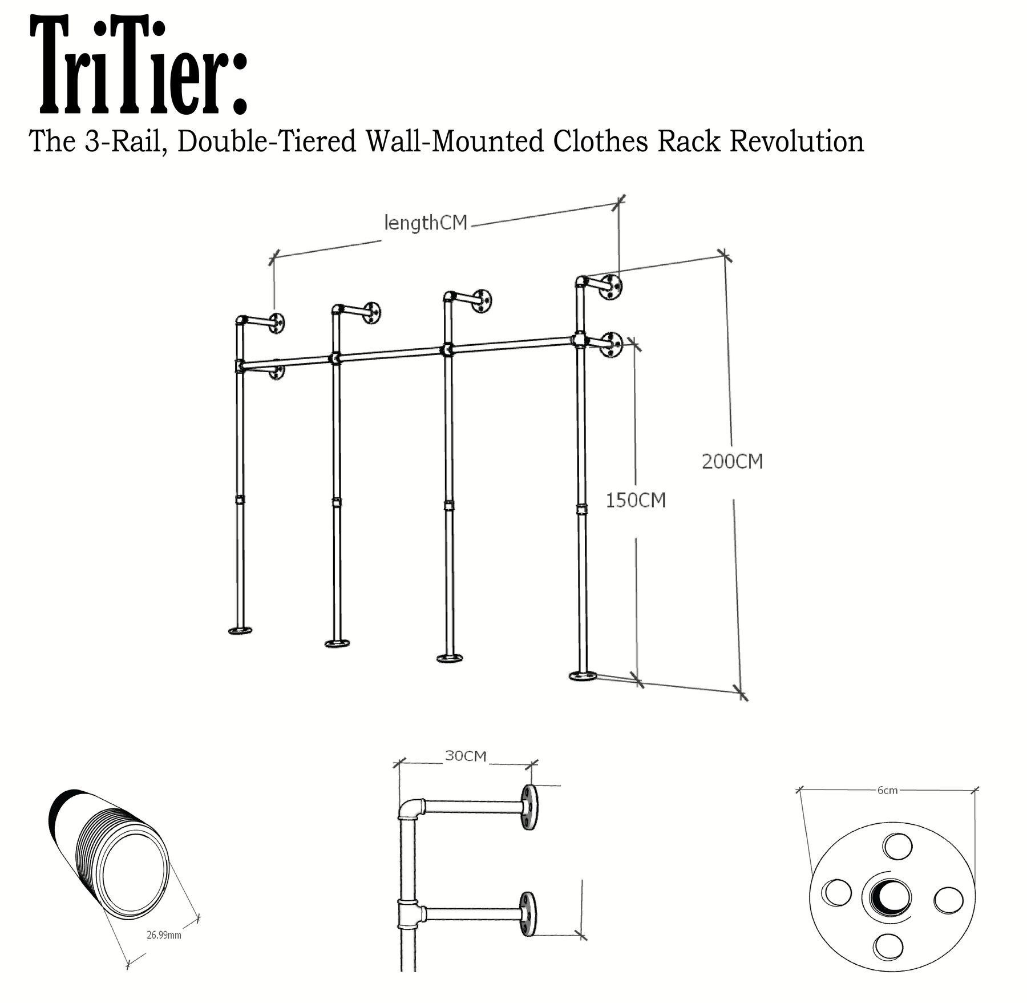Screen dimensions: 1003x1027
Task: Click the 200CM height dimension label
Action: (x=732, y=461)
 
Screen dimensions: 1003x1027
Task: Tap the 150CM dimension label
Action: (x=636, y=500)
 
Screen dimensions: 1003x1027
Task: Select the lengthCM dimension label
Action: (x=426, y=223)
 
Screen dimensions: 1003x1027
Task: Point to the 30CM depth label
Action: (x=466, y=756)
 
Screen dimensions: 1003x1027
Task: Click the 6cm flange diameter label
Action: (x=887, y=791)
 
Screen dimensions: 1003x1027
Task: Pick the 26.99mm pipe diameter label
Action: (x=164, y=935)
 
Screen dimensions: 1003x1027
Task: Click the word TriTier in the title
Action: (x=138, y=66)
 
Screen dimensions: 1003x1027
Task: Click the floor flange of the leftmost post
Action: (x=240, y=631)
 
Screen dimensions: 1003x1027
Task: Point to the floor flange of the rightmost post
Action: (x=583, y=676)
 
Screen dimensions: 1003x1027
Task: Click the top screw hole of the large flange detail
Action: (x=897, y=846)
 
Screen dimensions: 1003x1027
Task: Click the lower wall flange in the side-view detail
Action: (x=528, y=914)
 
